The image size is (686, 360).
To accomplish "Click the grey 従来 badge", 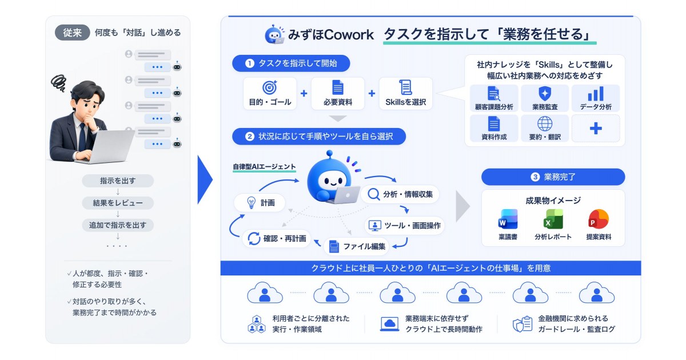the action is click(72, 33).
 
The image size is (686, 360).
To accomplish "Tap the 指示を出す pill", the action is click(118, 181).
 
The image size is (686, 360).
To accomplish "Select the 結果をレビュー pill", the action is click(118, 203).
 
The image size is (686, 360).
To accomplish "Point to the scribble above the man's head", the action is click(58, 83).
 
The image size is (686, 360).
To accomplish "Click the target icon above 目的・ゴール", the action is click(270, 87).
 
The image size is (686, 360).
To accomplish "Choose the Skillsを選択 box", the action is click(405, 93).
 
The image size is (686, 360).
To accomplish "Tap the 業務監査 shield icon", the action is click(545, 93).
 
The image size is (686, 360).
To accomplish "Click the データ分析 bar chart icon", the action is click(596, 93).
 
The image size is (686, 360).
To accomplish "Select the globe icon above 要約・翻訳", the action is click(545, 123).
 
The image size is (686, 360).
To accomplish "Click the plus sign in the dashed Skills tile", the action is click(596, 128).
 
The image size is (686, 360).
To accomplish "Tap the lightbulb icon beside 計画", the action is click(251, 202).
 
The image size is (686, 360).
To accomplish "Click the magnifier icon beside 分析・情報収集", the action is click(374, 194).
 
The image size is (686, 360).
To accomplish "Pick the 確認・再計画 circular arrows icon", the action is click(254, 238).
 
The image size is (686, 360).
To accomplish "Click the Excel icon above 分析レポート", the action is click(553, 219).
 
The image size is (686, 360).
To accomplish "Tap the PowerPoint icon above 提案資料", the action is click(599, 219).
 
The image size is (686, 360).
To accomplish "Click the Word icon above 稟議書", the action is click(508, 219).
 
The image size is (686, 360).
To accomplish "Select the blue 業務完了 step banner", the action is click(553, 177).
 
